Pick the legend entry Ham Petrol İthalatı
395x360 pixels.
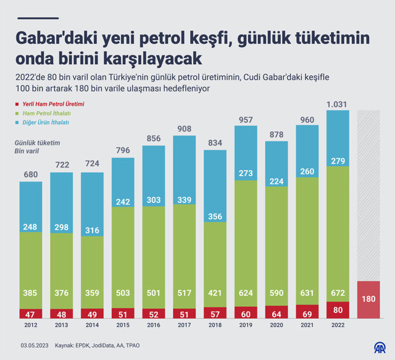click(x=47, y=113)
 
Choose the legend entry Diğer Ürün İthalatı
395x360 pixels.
click(x=46, y=122)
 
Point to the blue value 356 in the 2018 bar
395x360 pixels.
click(x=214, y=216)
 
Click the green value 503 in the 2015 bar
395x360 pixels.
click(x=122, y=292)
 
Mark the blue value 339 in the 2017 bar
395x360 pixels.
click(x=183, y=200)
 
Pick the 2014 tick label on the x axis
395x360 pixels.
click(x=91, y=325)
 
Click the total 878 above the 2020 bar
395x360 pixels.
click(x=276, y=135)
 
